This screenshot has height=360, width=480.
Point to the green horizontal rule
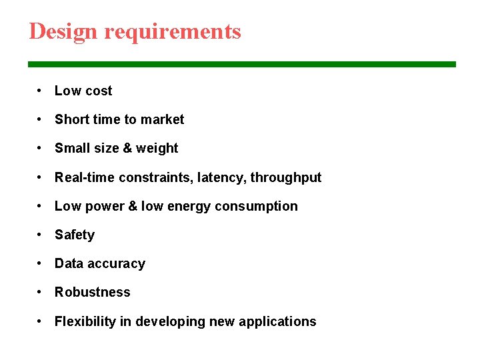pos(241,64)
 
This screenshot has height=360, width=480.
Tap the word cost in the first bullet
pos(97,91)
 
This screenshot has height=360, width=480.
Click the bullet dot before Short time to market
pos(41,119)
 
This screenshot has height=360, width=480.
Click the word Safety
pos(75,235)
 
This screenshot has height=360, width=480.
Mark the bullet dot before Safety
pos(41,235)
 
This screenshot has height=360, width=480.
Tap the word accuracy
pos(116,264)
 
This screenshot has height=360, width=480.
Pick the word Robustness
pos(93,292)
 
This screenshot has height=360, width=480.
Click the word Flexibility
pos(85,321)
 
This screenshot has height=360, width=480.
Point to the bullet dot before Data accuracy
pos(41,263)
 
